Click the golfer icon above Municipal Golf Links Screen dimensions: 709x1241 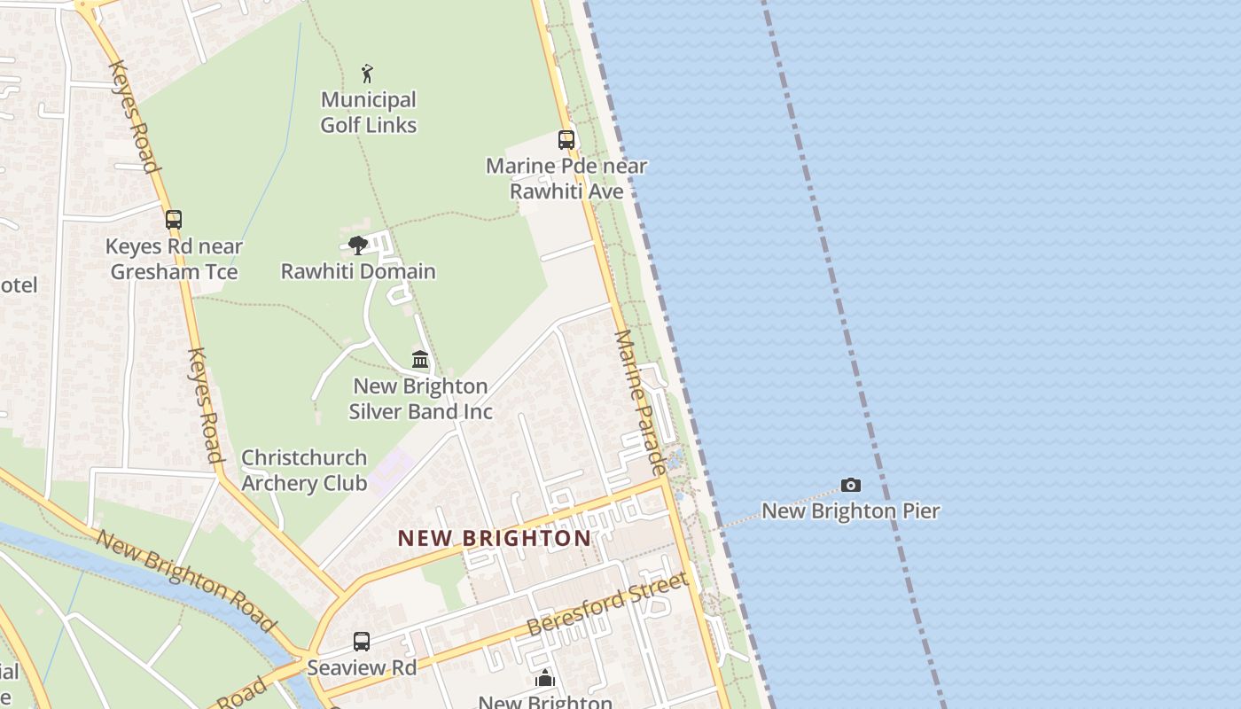tap(367, 74)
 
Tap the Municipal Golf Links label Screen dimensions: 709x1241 tap(369, 113)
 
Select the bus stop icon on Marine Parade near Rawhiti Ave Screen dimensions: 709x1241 tap(566, 140)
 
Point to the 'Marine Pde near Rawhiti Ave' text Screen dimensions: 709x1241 tap(566, 178)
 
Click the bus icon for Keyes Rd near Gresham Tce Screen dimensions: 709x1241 tap(174, 220)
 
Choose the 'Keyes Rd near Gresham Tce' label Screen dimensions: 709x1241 tap(174, 259)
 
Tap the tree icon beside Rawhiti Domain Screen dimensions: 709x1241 tap(358, 245)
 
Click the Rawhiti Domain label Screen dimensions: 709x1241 tap(358, 271)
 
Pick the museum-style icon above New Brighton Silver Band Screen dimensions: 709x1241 tap(420, 360)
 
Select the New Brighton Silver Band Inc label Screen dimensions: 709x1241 tap(420, 399)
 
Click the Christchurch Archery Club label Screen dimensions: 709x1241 tap(304, 471)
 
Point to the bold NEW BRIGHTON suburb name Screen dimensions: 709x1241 tap(494, 538)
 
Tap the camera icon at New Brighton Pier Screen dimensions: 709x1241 tap(851, 485)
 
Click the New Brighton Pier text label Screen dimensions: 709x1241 tap(851, 510)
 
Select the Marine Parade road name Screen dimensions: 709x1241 tap(640, 401)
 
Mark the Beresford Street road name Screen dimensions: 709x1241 tap(608, 604)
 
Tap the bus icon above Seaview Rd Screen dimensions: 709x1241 tap(362, 641)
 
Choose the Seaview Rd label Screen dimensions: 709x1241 tap(362, 667)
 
